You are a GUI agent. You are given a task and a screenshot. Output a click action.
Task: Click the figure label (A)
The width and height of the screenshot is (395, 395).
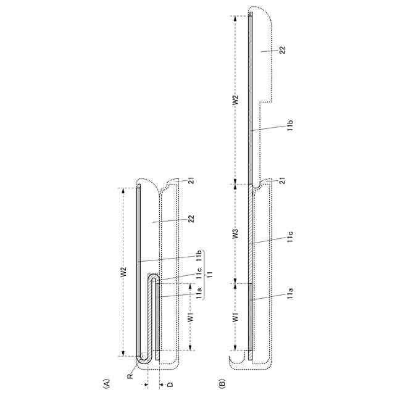click(107, 383)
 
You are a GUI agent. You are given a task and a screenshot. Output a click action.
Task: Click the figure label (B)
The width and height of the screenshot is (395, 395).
click(222, 383)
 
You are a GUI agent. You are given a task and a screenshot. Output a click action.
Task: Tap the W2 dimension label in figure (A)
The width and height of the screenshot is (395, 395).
click(123, 272)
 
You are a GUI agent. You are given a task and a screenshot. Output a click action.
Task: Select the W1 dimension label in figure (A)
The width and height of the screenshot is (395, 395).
click(191, 317)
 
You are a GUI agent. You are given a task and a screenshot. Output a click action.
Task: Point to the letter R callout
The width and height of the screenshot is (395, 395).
click(130, 376)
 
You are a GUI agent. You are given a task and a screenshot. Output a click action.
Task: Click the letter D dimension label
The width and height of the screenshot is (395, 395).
click(170, 385)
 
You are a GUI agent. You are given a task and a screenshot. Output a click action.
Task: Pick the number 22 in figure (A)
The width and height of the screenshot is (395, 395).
click(191, 218)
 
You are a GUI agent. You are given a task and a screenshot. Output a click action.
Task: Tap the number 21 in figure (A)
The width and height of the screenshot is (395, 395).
click(192, 181)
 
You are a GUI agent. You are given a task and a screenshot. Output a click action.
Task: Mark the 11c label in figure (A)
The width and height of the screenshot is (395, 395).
click(199, 273)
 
